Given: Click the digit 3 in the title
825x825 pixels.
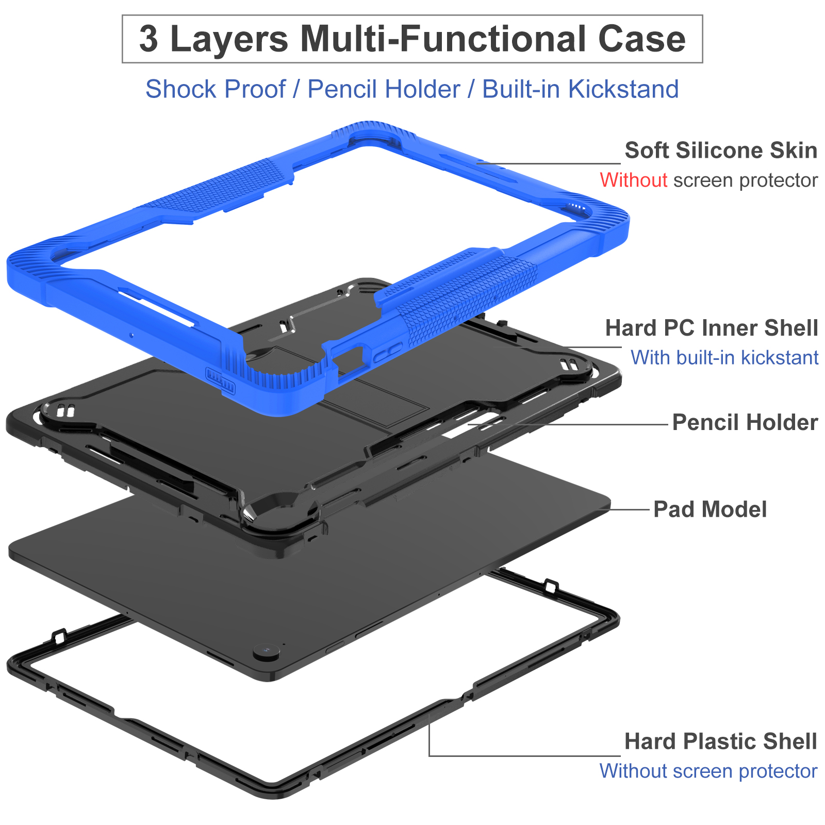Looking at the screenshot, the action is (148, 39).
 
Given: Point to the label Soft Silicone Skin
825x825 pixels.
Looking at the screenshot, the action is (721, 151).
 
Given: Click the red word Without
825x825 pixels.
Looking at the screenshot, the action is (634, 180).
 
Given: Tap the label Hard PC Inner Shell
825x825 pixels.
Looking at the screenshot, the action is (712, 328).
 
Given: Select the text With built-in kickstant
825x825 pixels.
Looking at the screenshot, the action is (724, 357).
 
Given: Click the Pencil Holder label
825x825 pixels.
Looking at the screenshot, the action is (745, 422).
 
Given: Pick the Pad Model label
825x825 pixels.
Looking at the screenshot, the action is (710, 509).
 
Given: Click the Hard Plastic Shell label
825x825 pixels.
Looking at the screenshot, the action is (721, 741).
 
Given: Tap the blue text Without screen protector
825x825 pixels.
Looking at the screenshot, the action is (708, 771).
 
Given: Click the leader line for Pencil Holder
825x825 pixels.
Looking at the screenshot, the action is (568, 425).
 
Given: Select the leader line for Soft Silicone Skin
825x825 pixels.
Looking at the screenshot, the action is (549, 163).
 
